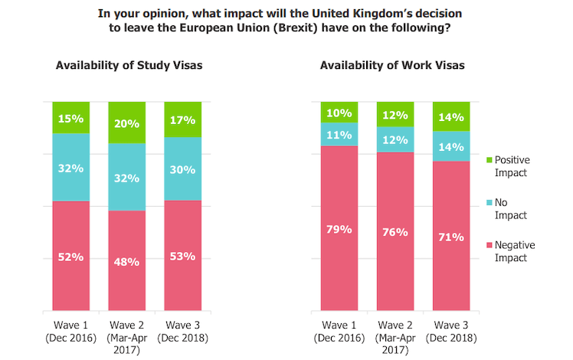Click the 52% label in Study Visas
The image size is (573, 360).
coord(70,257)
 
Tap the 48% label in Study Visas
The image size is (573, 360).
coord(126,261)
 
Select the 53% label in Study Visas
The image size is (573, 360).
coord(182,256)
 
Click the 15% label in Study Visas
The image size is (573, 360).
coord(70,119)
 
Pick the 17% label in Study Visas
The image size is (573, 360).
coord(182,120)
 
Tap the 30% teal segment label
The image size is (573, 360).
coord(182,170)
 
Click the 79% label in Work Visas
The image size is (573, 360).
coord(339,229)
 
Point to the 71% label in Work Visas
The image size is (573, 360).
coord(451,237)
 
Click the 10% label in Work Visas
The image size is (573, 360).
coord(339,113)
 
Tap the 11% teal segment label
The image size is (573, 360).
coord(339,135)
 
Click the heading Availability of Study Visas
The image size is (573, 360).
coord(129,65)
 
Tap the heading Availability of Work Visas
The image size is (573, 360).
coord(392,65)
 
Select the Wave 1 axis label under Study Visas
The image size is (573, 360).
coord(70,329)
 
